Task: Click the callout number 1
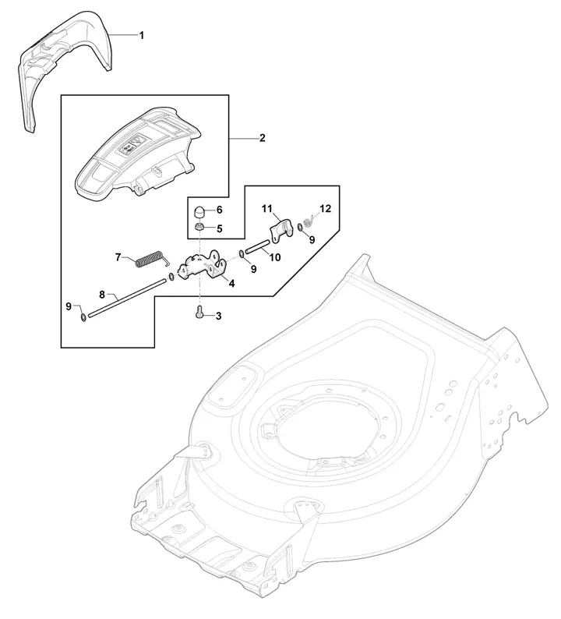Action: [141, 36]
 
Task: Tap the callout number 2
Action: [263, 138]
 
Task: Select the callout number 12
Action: [326, 208]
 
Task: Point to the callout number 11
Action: [267, 208]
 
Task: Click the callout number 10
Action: [275, 257]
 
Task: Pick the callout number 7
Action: [118, 257]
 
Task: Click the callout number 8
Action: [102, 295]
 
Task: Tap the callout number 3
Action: [218, 317]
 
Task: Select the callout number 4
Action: [231, 284]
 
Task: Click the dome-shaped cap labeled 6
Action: [200, 211]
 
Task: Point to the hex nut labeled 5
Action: [200, 228]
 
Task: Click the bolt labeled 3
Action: [199, 312]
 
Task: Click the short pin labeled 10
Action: [258, 245]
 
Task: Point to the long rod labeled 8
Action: [126, 297]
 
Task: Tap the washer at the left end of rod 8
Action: [83, 317]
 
